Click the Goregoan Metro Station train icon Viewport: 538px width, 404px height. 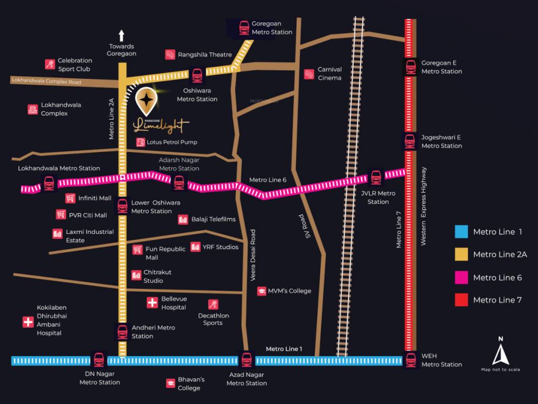(244, 28)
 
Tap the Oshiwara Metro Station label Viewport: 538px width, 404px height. (197, 95)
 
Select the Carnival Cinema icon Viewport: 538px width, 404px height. (309, 74)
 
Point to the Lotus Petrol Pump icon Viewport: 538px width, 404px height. (141, 142)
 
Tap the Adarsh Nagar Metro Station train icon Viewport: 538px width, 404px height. (179, 183)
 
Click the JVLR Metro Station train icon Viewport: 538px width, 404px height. (376, 178)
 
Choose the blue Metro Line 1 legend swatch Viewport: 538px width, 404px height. (461, 232)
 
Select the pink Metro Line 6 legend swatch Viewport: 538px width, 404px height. (461, 277)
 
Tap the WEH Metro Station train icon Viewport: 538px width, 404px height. (411, 360)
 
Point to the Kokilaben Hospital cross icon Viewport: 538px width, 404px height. (28, 322)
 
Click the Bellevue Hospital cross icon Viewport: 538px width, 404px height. (152, 302)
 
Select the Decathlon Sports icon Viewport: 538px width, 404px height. (213, 304)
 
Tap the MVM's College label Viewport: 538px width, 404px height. (290, 291)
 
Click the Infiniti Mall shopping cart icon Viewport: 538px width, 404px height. (71, 198)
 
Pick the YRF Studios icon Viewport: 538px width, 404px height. (195, 247)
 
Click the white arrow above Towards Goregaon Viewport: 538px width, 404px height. (122, 36)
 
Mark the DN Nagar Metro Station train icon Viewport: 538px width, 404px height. (98, 360)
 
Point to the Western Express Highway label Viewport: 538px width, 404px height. (424, 206)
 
